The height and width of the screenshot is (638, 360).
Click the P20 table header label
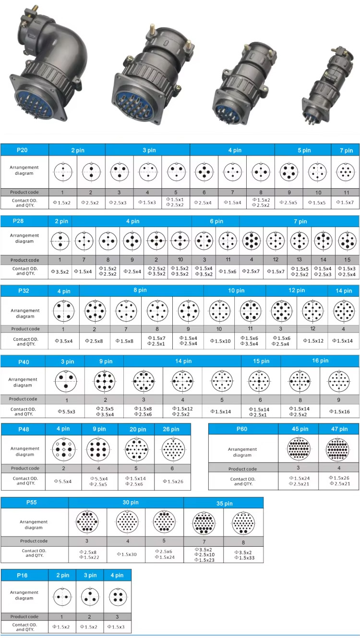click(x=22, y=150)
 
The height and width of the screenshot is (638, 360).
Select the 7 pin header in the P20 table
click(x=345, y=150)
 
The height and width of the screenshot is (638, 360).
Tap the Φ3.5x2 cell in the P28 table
click(x=60, y=271)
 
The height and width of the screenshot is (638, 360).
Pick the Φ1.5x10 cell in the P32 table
click(x=219, y=341)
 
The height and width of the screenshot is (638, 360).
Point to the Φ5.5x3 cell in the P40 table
click(x=66, y=411)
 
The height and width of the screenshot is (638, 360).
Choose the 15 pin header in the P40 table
click(x=261, y=361)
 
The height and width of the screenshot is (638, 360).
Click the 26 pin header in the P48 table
click(x=172, y=429)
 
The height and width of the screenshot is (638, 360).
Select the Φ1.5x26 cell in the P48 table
click(x=172, y=481)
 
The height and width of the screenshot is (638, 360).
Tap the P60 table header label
click(x=242, y=429)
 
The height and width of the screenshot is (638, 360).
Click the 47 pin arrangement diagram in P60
click(x=338, y=450)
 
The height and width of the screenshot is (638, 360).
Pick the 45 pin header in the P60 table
click(x=299, y=429)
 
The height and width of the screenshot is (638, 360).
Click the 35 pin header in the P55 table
click(x=224, y=503)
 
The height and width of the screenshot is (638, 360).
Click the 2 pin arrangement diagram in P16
click(x=62, y=597)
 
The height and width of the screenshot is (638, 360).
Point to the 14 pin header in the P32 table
click(x=343, y=290)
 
